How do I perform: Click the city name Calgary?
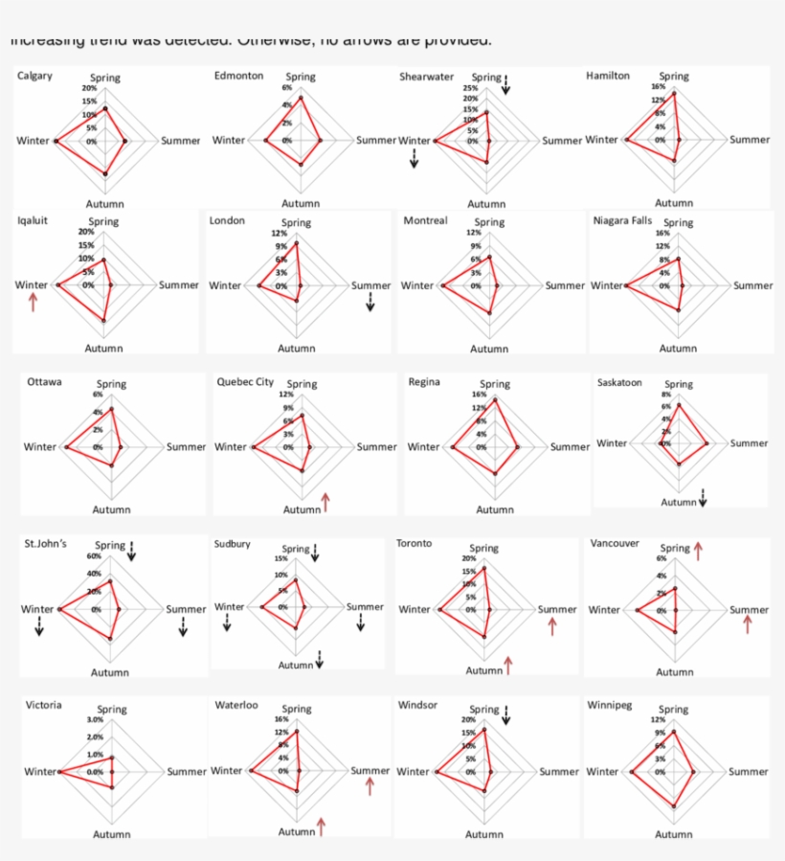34,76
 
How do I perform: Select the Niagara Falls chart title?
622,220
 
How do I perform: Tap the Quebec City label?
245,381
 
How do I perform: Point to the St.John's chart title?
45,544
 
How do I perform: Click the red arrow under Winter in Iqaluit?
34,303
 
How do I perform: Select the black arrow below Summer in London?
370,303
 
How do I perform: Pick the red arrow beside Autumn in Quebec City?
326,502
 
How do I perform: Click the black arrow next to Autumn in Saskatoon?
704,498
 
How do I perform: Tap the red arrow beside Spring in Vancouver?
699,550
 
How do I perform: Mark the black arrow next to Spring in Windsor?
506,713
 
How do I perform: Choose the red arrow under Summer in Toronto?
552,625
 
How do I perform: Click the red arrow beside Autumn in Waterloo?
322,827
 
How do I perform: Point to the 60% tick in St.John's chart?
94,556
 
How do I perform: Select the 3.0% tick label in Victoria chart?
95,719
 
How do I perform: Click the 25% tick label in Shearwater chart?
471,87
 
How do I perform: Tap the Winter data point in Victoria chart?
59,772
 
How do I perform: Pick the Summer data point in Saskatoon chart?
707,443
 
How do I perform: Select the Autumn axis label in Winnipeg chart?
674,834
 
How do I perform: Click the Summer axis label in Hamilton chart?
750,140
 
